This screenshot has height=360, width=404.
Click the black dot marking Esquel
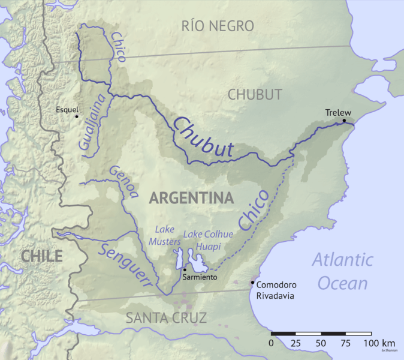pyautogui.click(x=77, y=116)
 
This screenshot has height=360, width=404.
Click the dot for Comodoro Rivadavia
pyautogui.click(x=252, y=283)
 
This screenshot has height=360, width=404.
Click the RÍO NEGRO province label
pyautogui.click(x=217, y=26)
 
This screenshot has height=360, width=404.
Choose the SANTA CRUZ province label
pyautogui.click(x=166, y=318)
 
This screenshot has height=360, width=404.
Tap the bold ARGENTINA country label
pyautogui.click(x=191, y=198)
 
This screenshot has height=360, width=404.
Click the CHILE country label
pyautogui.click(x=41, y=257)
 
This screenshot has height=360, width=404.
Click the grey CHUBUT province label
pyautogui.click(x=255, y=94)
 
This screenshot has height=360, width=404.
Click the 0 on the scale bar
pyautogui.click(x=272, y=343)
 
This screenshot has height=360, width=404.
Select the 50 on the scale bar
pyautogui.click(x=320, y=343)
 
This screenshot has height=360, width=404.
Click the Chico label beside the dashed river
pyautogui.click(x=254, y=211)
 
